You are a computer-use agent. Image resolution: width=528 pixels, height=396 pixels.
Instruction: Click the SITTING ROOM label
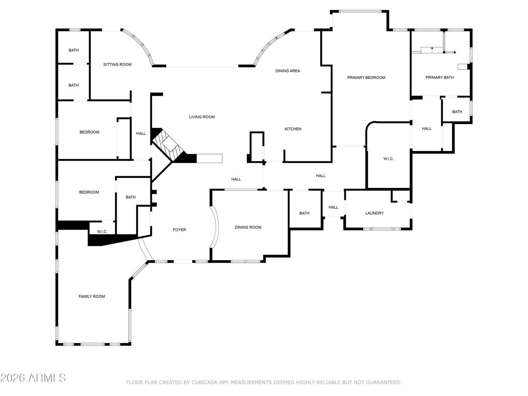[117, 64]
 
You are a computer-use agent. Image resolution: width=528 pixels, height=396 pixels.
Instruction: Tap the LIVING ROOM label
[202, 117]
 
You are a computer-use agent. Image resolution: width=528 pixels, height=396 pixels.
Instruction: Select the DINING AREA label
[288, 71]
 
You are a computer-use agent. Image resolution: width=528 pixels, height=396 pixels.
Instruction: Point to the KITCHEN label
[293, 129]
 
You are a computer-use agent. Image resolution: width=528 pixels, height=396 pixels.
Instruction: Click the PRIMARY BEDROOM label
[366, 78]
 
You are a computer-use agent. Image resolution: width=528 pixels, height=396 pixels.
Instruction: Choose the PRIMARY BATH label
[439, 78]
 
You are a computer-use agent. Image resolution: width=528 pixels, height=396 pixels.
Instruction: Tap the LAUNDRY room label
[374, 213]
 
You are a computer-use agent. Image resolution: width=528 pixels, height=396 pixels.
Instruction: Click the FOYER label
[179, 230]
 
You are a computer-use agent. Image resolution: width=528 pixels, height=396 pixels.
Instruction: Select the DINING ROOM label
[248, 227]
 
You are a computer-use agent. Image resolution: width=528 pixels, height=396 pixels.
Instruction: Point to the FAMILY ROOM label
[92, 297]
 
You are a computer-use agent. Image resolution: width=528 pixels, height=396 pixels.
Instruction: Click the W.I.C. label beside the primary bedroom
[388, 159]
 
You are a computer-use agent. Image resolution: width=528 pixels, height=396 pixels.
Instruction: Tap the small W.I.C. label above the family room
[102, 232]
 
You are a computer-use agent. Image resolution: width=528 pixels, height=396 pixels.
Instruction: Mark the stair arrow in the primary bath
[432, 49]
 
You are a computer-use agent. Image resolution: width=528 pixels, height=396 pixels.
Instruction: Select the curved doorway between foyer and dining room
[214, 227]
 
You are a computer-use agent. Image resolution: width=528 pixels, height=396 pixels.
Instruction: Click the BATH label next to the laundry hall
[304, 213]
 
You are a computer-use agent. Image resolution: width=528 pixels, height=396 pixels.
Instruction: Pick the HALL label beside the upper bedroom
[141, 133]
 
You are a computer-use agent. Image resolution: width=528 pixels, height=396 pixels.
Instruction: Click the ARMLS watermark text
[33, 378]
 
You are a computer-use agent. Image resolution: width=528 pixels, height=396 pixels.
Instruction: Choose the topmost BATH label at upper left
[73, 50]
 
